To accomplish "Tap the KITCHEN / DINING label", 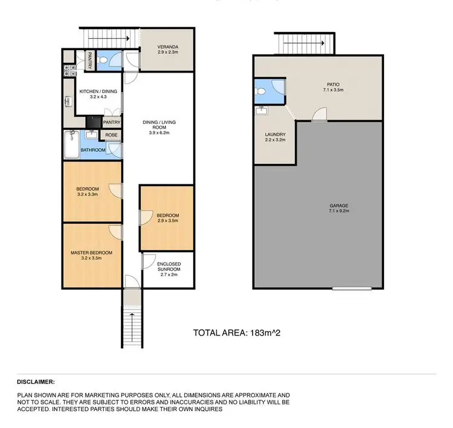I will pos(98,91).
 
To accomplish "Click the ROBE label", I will pos(112,135).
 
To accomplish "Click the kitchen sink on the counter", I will pos(67,102).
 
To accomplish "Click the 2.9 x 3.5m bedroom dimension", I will pos(167,221).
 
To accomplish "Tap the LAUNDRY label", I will pos(274,134).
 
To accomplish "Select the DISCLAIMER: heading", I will pos(36,381).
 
